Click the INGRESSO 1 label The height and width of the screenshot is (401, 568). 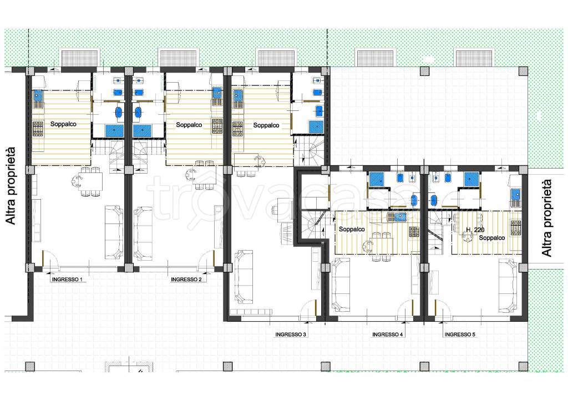tap(67, 280)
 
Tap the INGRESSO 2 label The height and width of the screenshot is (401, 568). tap(186, 280)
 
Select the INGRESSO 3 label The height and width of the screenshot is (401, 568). tap(291, 334)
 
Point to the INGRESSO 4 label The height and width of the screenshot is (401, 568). tap(388, 334)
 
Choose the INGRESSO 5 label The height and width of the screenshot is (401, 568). tap(460, 334)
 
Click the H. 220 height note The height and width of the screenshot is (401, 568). tap(475, 230)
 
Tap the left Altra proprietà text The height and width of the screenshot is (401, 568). tap(11, 185)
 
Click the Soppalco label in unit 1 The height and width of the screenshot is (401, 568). tap(63, 124)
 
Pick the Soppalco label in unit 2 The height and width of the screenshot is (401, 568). tap(189, 125)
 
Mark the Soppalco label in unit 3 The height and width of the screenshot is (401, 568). tap(266, 125)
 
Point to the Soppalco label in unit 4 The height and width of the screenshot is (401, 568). tap(352, 229)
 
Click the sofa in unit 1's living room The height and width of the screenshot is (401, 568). tap(114, 232)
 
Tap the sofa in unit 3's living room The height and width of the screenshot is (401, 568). tap(244, 276)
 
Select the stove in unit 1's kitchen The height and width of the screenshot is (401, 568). tap(38, 129)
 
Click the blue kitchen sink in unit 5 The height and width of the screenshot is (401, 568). tap(515, 196)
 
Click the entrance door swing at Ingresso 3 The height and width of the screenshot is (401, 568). tap(310, 310)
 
